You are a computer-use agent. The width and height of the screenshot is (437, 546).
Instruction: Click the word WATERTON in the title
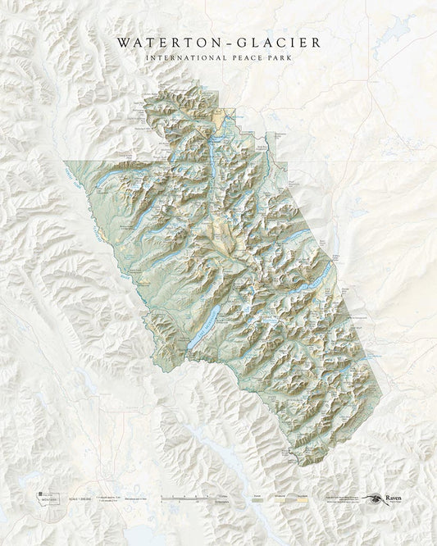[164, 40]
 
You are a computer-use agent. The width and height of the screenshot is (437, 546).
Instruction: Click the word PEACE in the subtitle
[244, 57]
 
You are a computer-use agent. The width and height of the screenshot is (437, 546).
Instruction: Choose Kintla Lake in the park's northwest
[115, 179]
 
